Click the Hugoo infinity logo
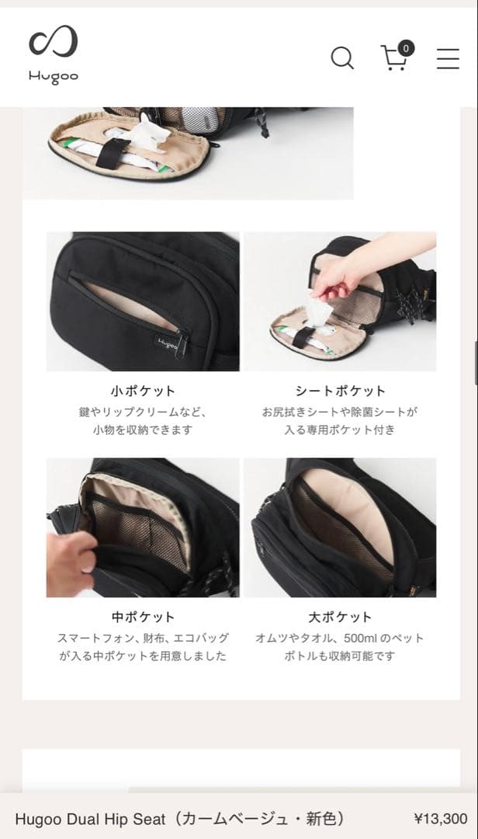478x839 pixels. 54,43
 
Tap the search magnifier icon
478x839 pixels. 341,58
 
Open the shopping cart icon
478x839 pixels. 394,59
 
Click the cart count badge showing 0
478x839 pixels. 406,48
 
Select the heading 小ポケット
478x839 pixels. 143,391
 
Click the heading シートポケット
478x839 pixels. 340,391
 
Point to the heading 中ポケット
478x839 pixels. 143,617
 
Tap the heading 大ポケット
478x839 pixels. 340,617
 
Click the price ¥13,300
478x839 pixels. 441,819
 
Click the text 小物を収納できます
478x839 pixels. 143,430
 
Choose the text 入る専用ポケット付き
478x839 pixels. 340,430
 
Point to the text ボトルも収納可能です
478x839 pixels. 340,656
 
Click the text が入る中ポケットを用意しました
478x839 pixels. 143,656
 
